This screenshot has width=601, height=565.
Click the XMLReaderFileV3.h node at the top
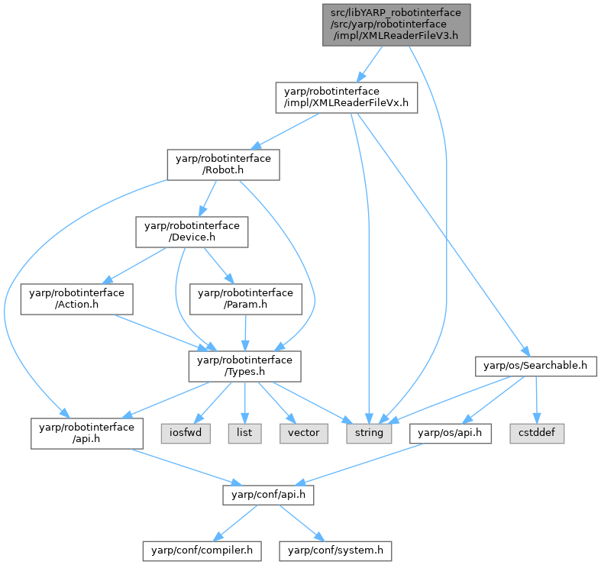click(396, 24)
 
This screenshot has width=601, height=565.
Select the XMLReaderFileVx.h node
click(346, 97)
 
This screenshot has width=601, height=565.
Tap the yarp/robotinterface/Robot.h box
click(223, 164)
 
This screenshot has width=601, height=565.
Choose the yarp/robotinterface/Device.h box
click(192, 231)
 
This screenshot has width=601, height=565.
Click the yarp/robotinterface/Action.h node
click(76, 299)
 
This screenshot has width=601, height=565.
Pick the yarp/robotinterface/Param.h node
click(246, 299)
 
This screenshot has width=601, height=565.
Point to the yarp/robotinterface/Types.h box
click(244, 366)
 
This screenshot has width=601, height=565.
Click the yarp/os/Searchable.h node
click(535, 366)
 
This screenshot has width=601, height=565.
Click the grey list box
click(244, 433)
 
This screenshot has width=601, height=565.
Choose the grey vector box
click(304, 433)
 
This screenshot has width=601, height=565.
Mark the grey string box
click(369, 433)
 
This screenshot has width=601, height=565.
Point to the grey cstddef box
click(544, 433)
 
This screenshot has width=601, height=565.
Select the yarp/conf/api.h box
click(268, 494)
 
